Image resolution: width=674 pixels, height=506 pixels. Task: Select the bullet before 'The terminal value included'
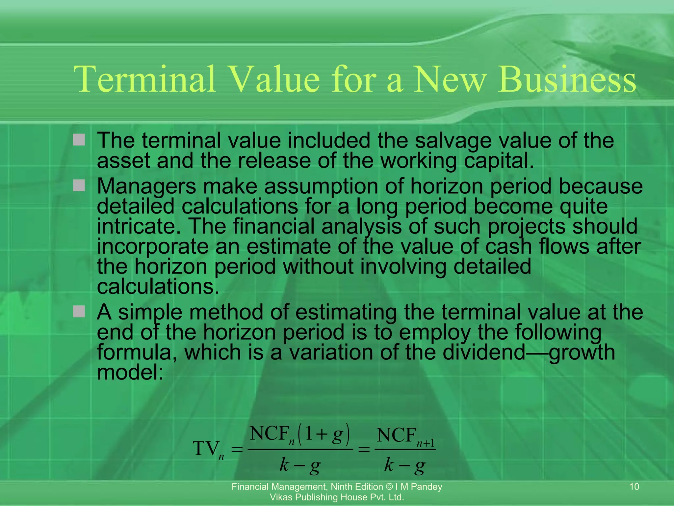(x=79, y=140)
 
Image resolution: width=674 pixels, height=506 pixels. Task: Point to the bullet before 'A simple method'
(x=79, y=311)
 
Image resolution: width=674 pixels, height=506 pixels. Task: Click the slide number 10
(x=634, y=487)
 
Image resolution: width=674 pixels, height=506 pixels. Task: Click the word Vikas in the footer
(x=279, y=497)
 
